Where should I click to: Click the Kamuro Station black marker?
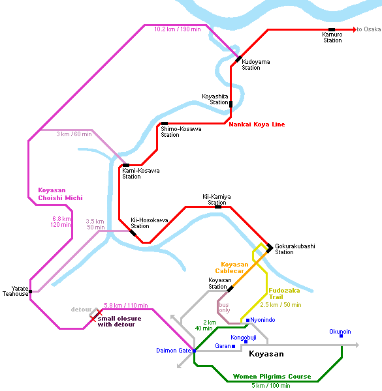(x=332, y=30)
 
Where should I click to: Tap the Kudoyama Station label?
(x=255, y=65)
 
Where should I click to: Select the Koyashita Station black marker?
(x=231, y=104)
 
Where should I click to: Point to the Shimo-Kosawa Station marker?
(x=165, y=123)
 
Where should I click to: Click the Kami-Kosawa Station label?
(x=140, y=173)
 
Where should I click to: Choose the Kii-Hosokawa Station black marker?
(x=133, y=233)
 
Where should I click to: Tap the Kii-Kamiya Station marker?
(x=218, y=207)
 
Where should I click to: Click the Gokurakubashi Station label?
(x=294, y=249)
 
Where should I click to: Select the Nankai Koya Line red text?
(x=257, y=124)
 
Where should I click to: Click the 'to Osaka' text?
(x=369, y=29)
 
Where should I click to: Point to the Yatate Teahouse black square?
(x=30, y=291)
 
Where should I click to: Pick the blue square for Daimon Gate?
(x=194, y=351)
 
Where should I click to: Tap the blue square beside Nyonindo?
(x=248, y=320)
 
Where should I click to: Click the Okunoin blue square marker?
(x=341, y=336)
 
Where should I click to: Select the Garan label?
(x=223, y=346)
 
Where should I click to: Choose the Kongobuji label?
(x=244, y=338)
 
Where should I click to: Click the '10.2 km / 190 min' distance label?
(x=178, y=29)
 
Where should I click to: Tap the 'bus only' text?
(x=225, y=308)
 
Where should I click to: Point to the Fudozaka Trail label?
(x=284, y=294)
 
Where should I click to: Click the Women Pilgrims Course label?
(x=272, y=377)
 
